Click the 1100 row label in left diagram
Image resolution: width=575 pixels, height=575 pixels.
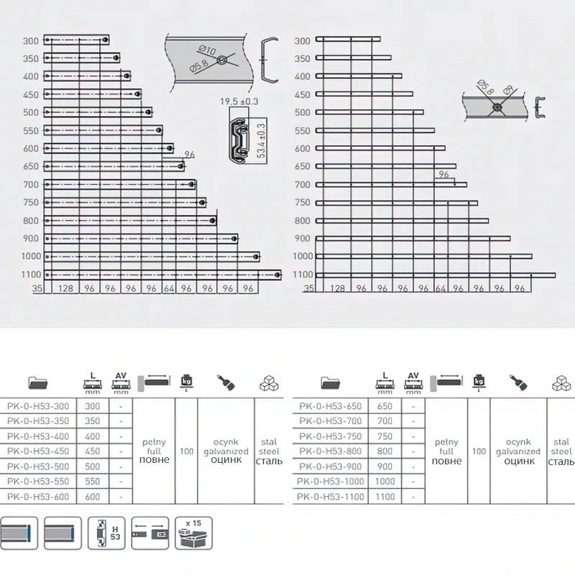(32, 275)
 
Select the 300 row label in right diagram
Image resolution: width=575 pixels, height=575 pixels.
(303, 40)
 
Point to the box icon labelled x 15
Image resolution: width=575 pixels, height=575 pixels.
(192, 532)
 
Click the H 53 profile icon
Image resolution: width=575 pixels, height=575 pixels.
(106, 532)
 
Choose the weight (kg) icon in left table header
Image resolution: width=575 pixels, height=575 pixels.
(187, 381)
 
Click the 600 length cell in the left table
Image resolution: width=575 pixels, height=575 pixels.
(92, 497)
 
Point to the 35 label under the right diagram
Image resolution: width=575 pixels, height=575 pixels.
(308, 288)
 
